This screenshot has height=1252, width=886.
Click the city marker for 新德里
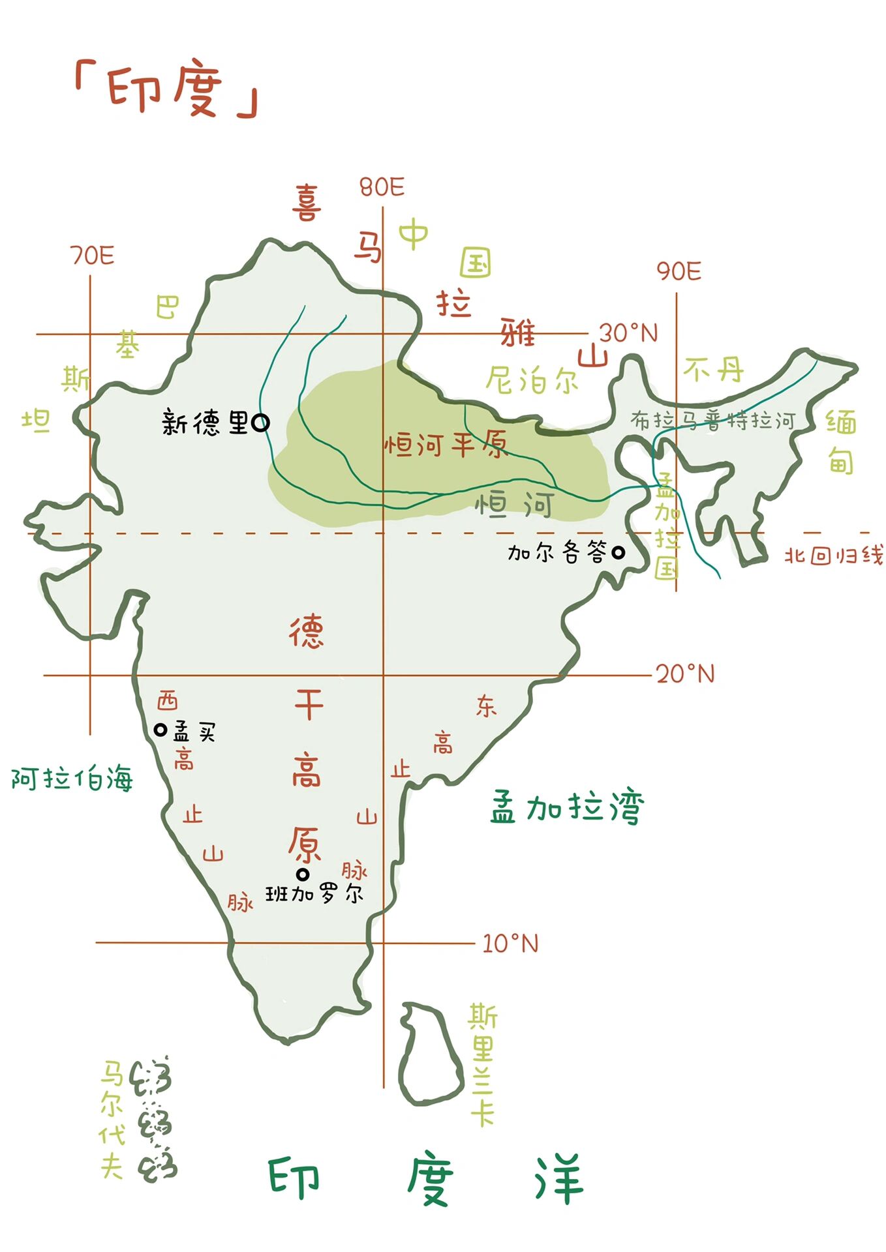(260, 423)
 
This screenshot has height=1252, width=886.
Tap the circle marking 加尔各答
(617, 553)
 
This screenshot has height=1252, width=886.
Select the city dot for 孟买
(160, 730)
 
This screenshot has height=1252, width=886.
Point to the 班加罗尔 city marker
(302, 874)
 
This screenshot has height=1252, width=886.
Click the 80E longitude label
(382, 188)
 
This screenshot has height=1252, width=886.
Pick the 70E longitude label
(92, 256)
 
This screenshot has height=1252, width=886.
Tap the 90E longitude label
(679, 271)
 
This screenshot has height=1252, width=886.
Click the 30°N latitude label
(628, 333)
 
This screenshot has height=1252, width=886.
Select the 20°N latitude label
(685, 674)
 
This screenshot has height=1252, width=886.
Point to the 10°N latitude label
(510, 943)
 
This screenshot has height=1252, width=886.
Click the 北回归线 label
(833, 556)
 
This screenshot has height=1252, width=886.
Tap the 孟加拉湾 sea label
(567, 807)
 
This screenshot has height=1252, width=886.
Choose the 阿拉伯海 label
(72, 779)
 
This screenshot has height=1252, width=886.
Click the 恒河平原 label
(445, 445)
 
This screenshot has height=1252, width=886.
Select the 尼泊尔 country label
(532, 380)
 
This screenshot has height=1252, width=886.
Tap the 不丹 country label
(713, 371)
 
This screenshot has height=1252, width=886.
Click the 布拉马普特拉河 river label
(713, 421)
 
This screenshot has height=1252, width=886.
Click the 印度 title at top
(166, 90)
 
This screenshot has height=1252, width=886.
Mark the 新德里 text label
(205, 423)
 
